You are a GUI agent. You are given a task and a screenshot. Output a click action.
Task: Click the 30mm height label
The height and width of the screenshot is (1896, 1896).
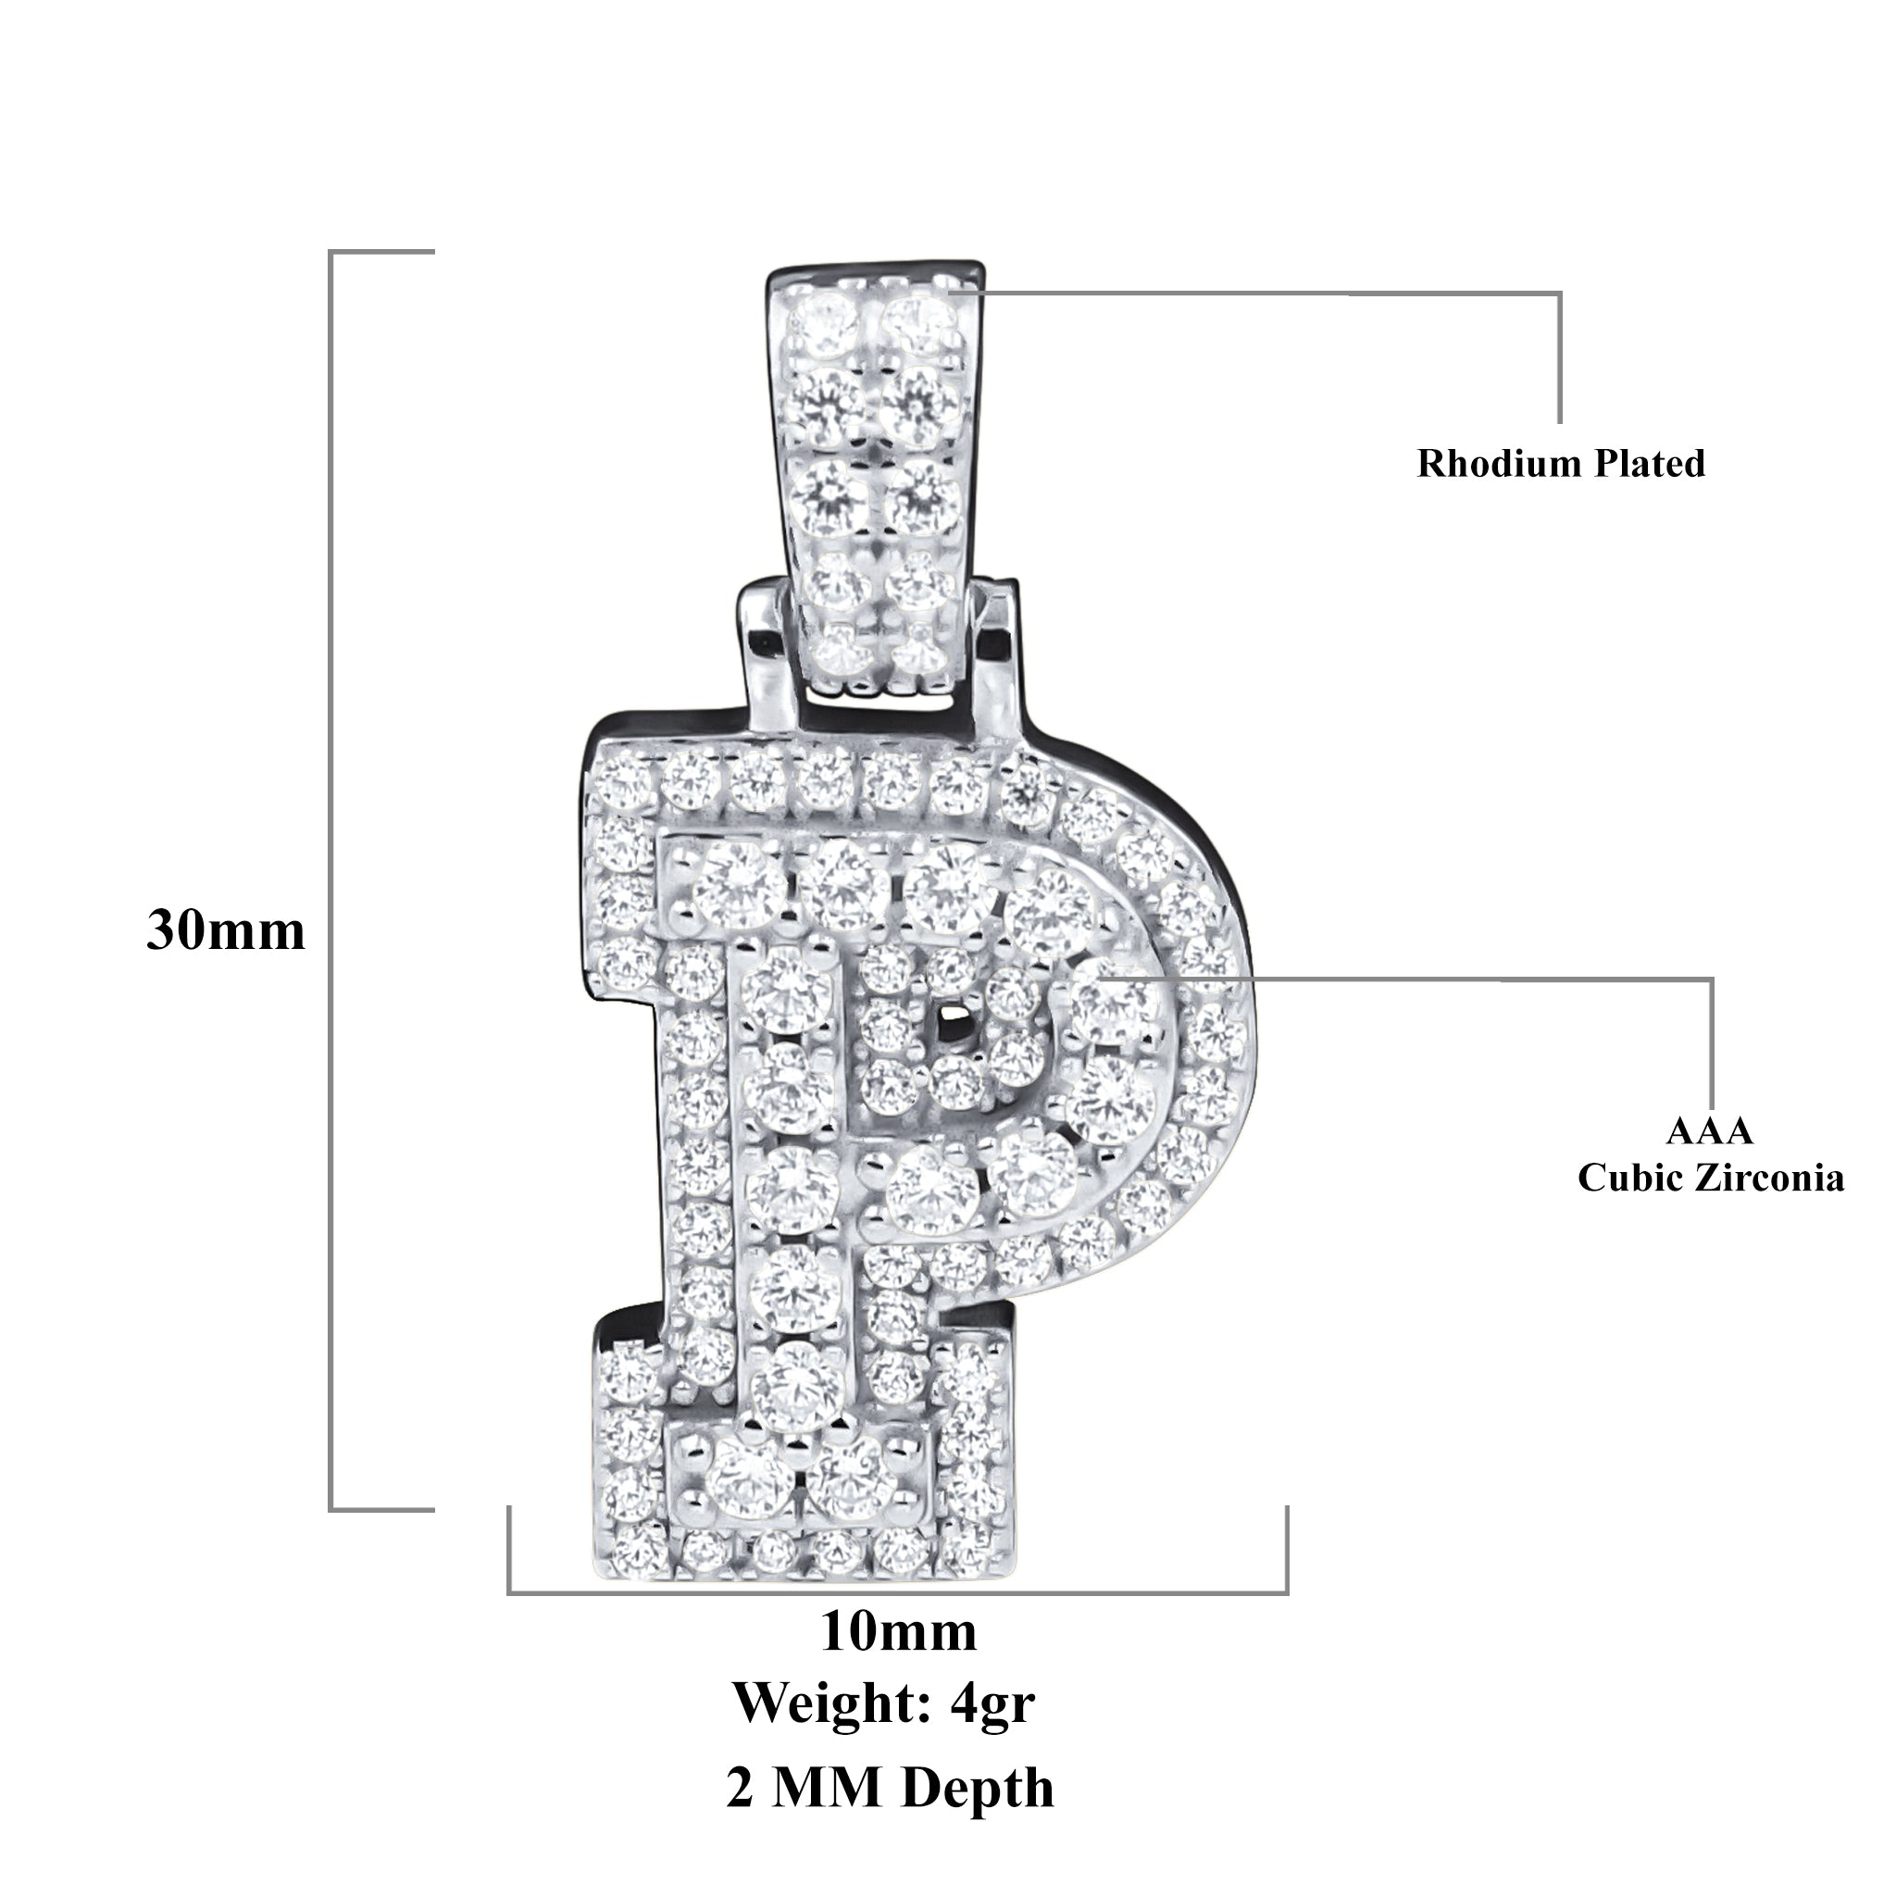(226, 930)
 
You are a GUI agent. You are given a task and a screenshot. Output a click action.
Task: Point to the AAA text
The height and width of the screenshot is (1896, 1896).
(1710, 1130)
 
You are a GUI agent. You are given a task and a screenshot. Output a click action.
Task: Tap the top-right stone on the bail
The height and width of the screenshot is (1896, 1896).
(917, 318)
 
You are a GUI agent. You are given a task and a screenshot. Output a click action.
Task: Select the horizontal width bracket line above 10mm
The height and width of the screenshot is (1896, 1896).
(898, 1592)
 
